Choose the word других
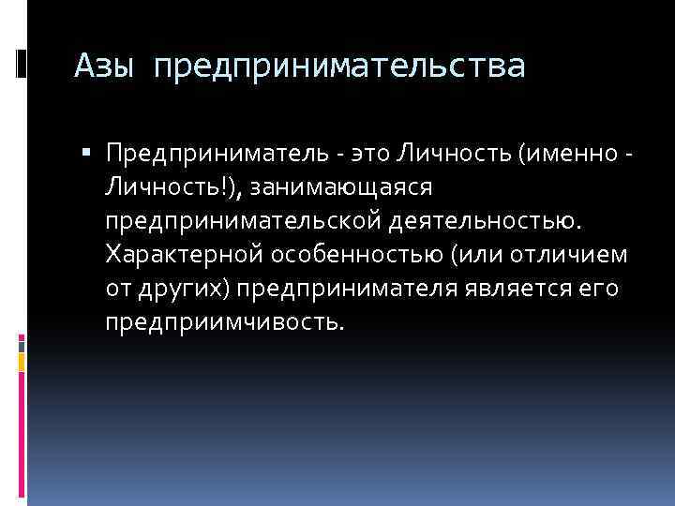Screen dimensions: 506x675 coord(182,289)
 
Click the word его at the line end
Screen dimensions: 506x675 coord(600,289)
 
